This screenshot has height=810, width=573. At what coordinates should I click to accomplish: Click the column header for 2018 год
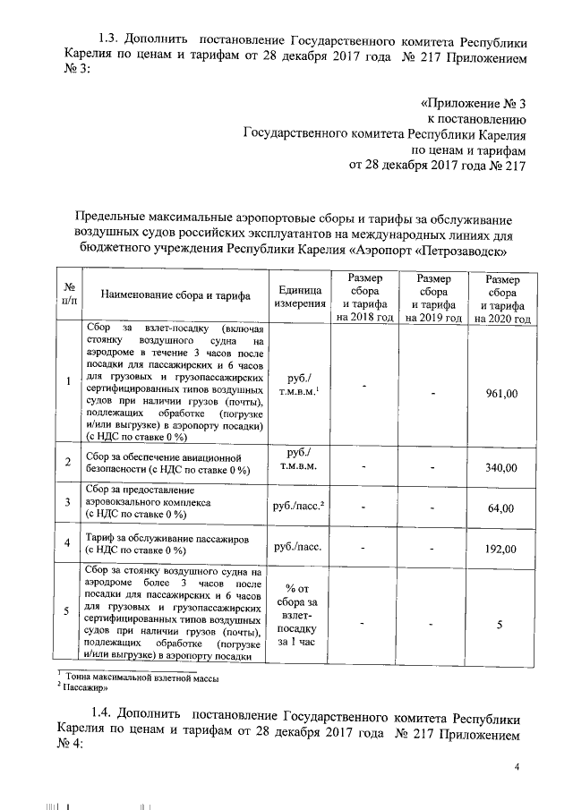[365, 298]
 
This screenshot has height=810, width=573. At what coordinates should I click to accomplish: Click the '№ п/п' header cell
[69, 294]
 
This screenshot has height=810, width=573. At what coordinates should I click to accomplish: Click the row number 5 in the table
[69, 612]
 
